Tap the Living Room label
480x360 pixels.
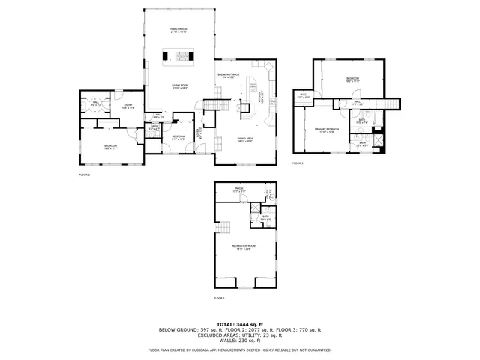pyautogui.click(x=178, y=86)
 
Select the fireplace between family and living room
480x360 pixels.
pyautogui.click(x=180, y=55)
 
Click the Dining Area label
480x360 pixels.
pyautogui.click(x=244, y=140)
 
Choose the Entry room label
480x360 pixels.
pyautogui.click(x=127, y=106)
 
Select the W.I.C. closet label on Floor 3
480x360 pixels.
pyautogui.click(x=304, y=95)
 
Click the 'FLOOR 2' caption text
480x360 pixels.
pyautogui.click(x=84, y=175)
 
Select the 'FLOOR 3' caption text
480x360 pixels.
pyautogui.click(x=298, y=163)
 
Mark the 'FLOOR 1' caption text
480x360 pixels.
pyautogui.click(x=219, y=298)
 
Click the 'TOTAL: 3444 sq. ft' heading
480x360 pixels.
pyautogui.click(x=240, y=323)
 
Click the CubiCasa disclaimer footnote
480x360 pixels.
pyautogui.click(x=240, y=349)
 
